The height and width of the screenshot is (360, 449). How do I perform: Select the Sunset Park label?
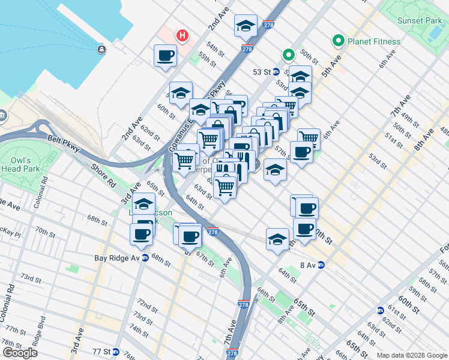coord(419,20)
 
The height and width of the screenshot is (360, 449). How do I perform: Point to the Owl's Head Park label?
coord(25,164)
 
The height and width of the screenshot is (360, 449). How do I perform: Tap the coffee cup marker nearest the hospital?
coord(165,56)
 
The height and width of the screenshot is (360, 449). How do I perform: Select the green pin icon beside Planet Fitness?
coord(339,41)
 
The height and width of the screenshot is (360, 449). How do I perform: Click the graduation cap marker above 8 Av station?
coord(277,239)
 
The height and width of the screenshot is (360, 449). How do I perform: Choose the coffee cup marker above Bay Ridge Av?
coord(142,233)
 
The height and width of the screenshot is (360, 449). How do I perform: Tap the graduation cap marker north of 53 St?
coord(246,26)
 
